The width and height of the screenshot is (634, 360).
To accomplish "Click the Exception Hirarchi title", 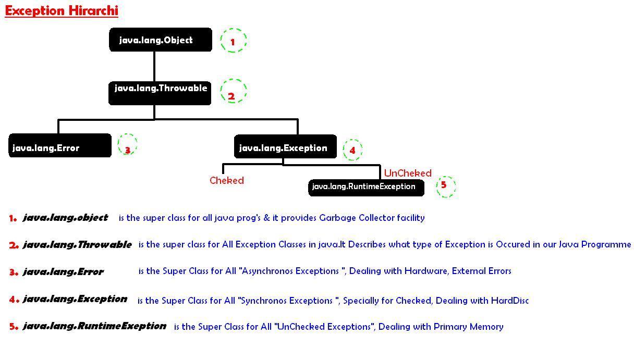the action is [x=62, y=11].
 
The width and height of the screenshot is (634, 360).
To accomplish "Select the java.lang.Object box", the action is [x=161, y=40].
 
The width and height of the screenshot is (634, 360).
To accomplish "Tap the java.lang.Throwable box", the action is [x=160, y=93].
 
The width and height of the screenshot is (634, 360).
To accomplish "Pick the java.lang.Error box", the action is [x=60, y=145].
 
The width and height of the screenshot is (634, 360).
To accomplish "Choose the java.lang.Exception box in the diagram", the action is [x=285, y=146].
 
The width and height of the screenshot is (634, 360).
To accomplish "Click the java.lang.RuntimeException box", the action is [x=366, y=188].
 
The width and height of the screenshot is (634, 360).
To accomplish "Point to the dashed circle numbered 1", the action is [x=221, y=41].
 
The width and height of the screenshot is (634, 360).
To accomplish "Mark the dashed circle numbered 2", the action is [x=221, y=91].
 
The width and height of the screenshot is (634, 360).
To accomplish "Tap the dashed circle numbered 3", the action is [x=118, y=144].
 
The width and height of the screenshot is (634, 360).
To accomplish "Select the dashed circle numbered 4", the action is [x=343, y=150].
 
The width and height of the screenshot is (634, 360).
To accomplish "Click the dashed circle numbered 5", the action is [x=437, y=187].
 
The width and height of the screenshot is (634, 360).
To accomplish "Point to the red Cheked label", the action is [x=227, y=180].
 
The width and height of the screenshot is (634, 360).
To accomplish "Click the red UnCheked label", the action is [x=408, y=173].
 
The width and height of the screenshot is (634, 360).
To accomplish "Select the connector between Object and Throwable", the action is [x=154, y=67].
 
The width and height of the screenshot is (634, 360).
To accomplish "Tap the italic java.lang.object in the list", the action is [x=65, y=217].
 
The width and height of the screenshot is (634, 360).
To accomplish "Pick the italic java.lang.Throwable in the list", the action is [x=77, y=244].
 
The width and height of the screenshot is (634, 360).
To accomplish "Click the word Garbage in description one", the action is [x=337, y=218].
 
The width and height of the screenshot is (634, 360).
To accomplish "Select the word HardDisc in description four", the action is [x=510, y=300].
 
